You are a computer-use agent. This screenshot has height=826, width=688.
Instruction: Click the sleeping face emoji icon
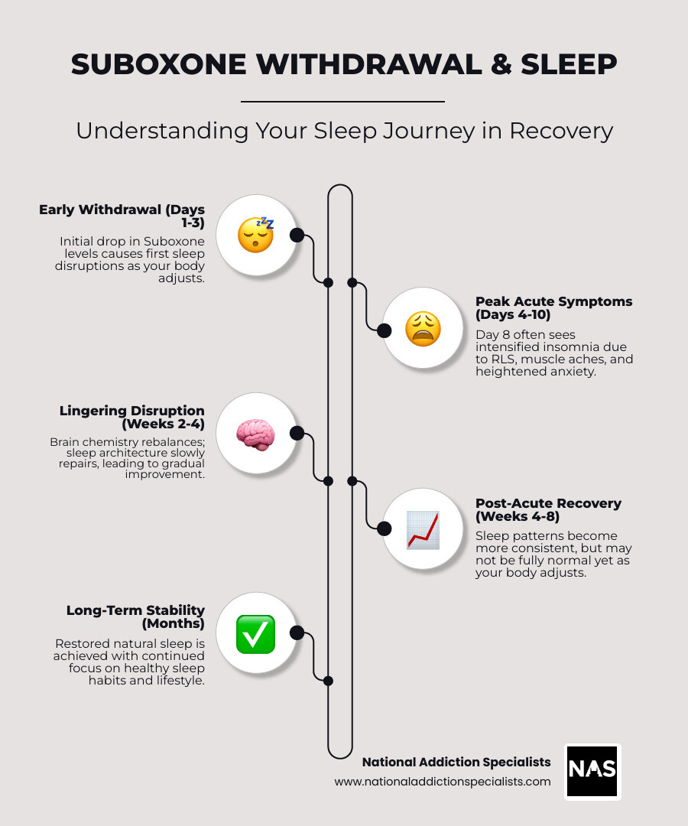(x=255, y=234)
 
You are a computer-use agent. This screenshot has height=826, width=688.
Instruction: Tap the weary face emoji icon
(x=422, y=330)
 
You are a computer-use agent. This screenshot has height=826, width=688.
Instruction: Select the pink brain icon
(x=255, y=434)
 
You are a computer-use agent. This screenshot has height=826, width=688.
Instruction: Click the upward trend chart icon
(x=422, y=529)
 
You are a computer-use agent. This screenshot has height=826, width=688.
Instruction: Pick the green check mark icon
(x=255, y=633)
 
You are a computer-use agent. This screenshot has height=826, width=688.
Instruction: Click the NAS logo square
(x=592, y=771)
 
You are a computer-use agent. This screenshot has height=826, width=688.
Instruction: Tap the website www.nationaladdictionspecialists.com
(x=442, y=782)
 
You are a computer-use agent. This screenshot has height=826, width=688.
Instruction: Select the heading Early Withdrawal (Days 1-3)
(x=122, y=216)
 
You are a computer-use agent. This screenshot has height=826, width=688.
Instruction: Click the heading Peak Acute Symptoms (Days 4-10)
(x=553, y=307)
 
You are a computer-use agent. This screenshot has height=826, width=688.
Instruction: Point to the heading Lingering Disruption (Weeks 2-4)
(x=131, y=418)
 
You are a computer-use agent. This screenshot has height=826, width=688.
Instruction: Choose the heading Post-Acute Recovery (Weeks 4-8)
(x=548, y=509)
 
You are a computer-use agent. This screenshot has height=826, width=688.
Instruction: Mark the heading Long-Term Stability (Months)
(x=135, y=616)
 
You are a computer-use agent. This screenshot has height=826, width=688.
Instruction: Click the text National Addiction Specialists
(x=456, y=762)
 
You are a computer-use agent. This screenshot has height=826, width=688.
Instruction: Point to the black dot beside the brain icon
(x=297, y=434)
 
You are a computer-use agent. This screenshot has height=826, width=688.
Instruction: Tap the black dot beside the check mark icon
(x=297, y=633)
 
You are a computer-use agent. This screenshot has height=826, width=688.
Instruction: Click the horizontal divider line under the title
(x=342, y=101)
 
